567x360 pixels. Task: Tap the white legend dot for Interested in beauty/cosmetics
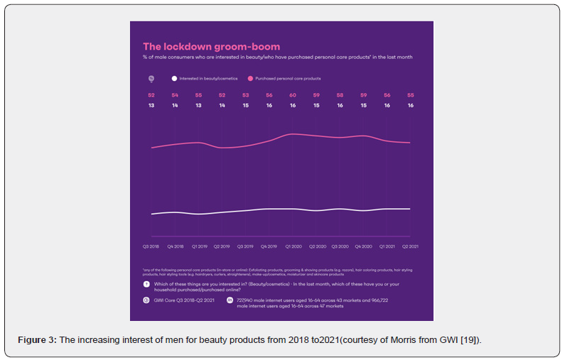point(174,78)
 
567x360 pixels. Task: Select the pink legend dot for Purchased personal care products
point(251,78)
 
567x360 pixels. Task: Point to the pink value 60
point(293,95)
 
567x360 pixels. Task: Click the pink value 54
point(175,95)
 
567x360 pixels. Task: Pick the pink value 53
point(246,95)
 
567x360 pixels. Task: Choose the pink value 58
point(340,95)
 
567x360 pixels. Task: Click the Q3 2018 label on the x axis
point(151,246)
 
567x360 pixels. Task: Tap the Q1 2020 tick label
point(293,246)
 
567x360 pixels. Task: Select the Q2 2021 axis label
point(410,246)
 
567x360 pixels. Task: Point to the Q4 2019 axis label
point(269,246)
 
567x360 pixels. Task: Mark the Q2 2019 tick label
point(222,246)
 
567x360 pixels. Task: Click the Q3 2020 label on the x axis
point(340,246)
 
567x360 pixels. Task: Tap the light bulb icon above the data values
point(151,78)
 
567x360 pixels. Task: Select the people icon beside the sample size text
point(230,300)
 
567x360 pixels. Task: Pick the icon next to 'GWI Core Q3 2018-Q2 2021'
point(146,300)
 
